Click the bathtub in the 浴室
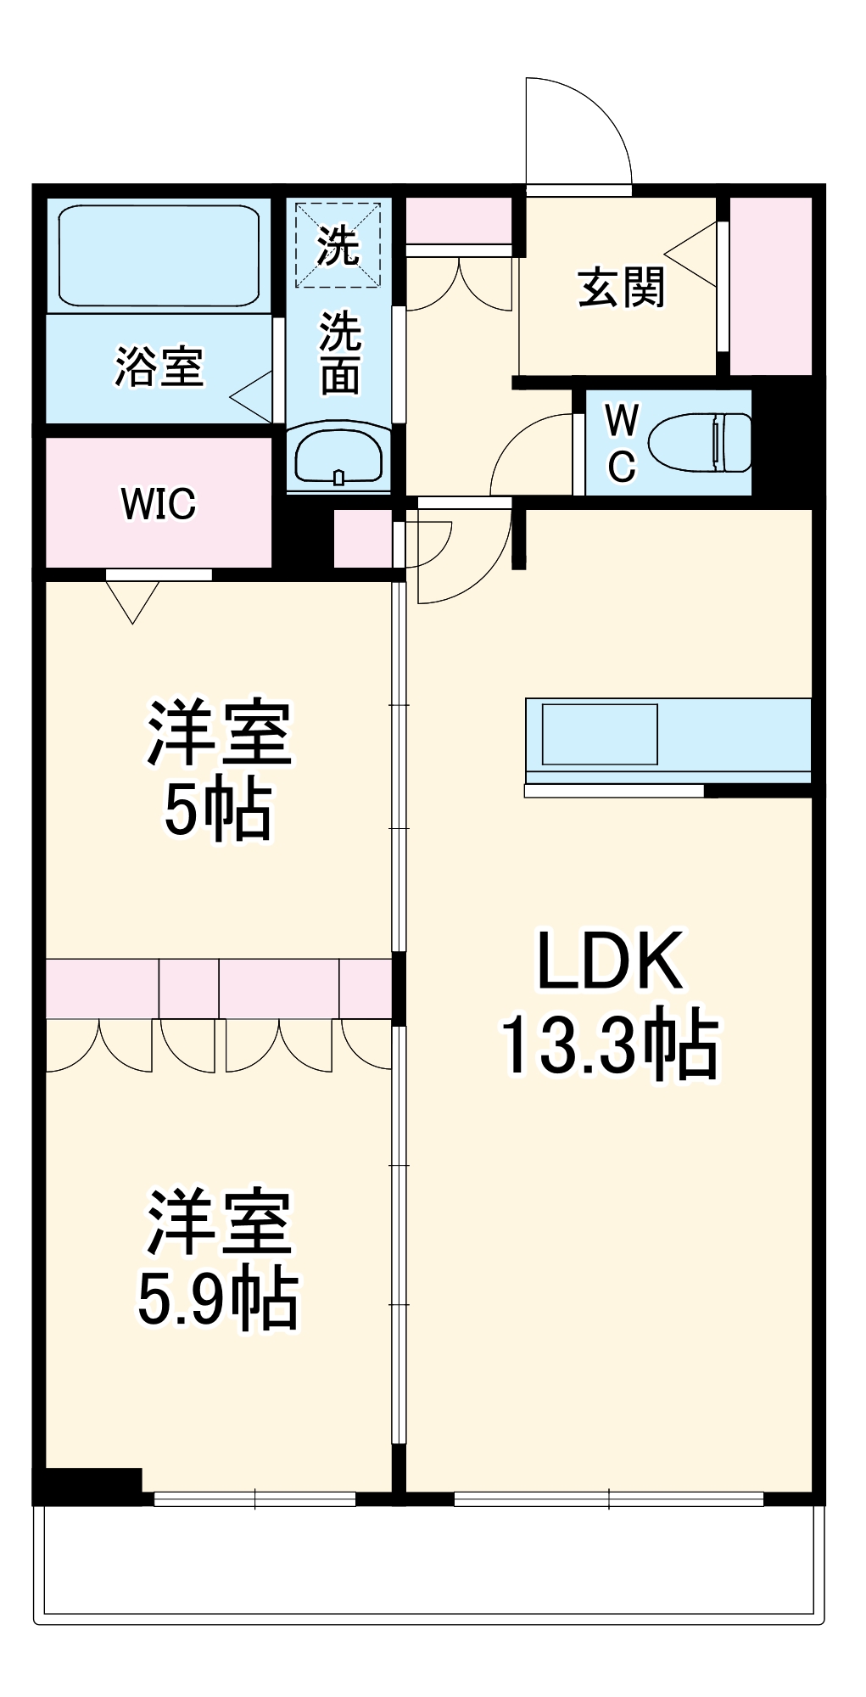159,255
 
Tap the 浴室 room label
159,367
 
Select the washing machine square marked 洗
338,244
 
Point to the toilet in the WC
701,442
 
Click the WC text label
622,442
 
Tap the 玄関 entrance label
621,288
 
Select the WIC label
158,504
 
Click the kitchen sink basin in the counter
600,734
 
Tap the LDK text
610,961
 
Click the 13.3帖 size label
610,1045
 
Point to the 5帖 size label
218,809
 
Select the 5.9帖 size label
218,1298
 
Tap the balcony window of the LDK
609,1499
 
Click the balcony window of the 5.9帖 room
254,1499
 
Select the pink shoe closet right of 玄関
770,286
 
